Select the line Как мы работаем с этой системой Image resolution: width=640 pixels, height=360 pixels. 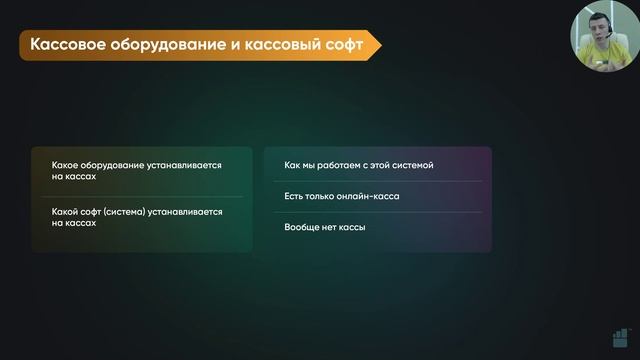point(358,164)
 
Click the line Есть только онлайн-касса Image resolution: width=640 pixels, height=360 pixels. point(341,196)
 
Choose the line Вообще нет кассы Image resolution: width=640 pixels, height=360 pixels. point(324,227)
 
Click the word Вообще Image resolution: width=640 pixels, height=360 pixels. point(301,227)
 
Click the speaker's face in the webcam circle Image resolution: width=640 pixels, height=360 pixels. point(598,38)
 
